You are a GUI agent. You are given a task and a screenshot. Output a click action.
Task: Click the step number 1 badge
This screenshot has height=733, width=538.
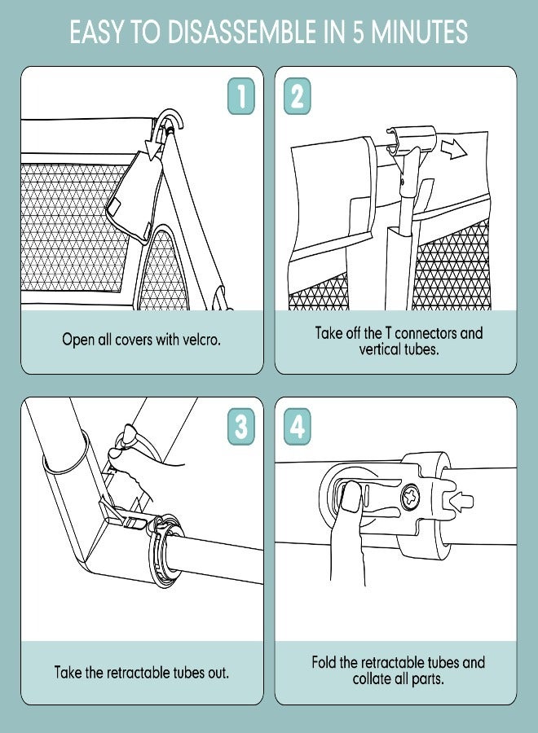(241, 96)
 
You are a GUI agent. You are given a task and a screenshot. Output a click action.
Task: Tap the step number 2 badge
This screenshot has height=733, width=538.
(297, 96)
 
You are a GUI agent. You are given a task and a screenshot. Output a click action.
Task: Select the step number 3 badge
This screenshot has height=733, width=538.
(241, 426)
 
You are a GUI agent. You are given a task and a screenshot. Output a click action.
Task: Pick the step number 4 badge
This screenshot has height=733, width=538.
(297, 426)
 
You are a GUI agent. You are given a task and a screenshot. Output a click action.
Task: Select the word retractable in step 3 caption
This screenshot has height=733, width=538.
(139, 673)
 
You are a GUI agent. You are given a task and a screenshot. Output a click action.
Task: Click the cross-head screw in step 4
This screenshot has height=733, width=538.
(410, 497)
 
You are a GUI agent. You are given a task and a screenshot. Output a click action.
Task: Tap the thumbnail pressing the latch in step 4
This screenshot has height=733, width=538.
(351, 497)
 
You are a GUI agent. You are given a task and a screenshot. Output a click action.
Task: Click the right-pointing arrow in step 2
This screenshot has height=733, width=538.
(453, 151)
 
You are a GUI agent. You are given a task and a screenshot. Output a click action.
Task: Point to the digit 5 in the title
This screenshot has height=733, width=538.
(358, 33)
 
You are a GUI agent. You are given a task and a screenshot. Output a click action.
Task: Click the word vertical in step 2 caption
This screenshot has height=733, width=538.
(380, 349)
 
